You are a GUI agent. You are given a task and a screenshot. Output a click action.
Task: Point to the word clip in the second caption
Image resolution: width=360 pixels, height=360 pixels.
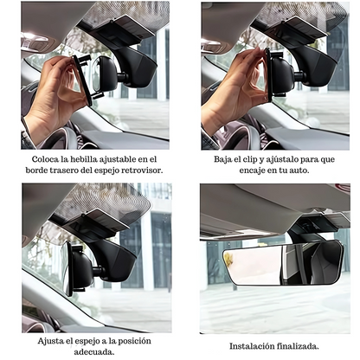click(260, 159)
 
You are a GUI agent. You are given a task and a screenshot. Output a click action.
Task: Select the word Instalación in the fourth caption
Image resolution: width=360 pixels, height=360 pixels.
click(254, 345)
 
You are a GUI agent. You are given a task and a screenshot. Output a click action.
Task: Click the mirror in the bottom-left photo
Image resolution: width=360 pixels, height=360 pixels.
click(79, 263)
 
